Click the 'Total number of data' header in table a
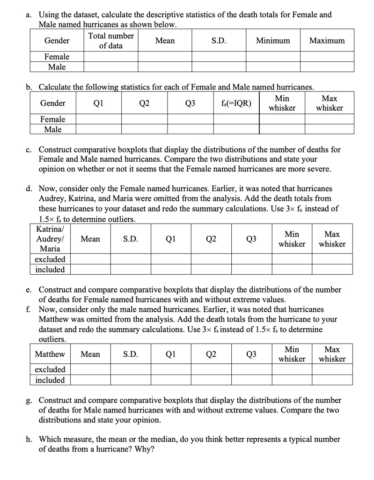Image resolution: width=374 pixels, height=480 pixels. (110, 41)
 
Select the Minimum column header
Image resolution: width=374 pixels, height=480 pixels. (273, 41)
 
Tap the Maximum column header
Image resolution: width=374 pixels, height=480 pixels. (327, 41)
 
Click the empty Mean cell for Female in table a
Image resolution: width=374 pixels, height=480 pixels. (165, 57)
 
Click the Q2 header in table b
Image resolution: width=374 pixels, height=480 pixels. (145, 104)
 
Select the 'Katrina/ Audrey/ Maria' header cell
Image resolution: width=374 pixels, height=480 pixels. (50, 239)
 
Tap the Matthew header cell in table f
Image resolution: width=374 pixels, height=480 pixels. (50, 354)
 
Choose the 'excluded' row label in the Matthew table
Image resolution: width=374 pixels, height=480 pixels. (50, 370)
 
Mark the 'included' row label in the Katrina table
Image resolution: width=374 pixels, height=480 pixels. (50, 270)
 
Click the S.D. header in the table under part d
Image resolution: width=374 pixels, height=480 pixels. (131, 239)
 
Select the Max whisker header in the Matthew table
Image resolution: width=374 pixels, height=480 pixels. (332, 354)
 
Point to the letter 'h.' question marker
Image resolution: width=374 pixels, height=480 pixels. (29, 440)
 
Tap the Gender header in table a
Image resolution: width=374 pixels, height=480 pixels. (57, 41)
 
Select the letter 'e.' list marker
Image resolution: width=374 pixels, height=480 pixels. (29, 290)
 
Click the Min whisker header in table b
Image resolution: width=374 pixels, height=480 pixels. (282, 104)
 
